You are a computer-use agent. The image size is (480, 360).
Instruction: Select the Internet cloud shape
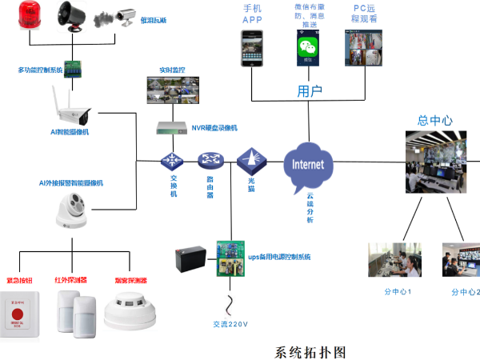tap(309, 165)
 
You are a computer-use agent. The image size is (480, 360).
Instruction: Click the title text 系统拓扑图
tap(310, 350)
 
